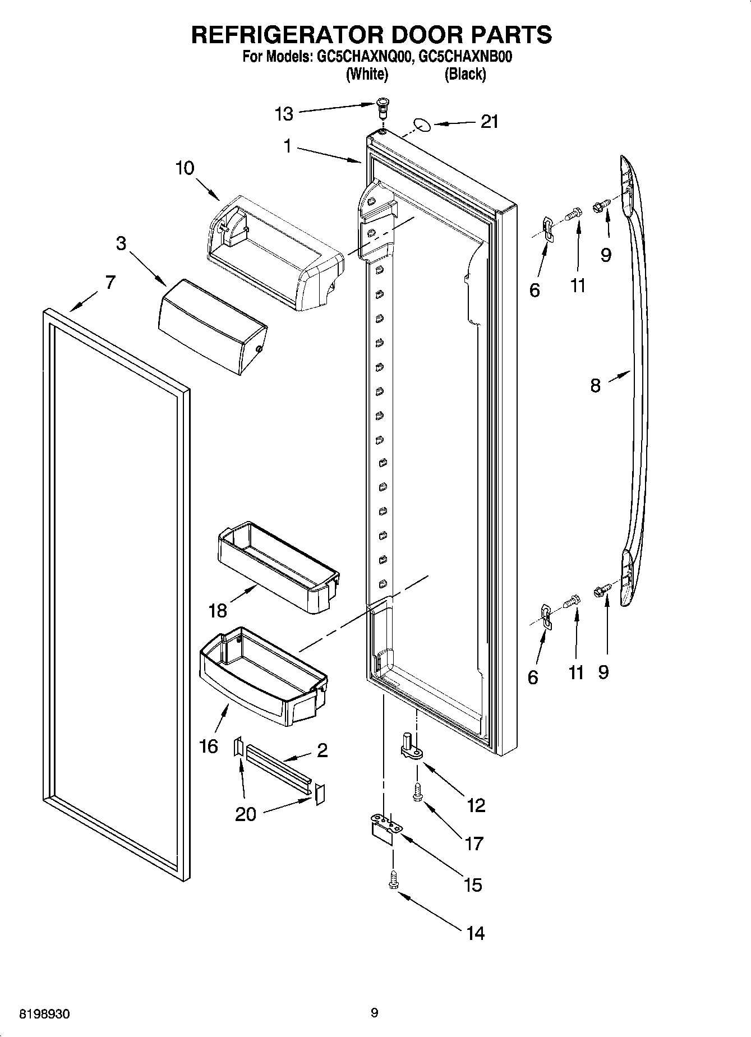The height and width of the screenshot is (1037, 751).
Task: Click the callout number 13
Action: (x=284, y=114)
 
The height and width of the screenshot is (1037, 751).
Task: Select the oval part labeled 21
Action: (x=423, y=124)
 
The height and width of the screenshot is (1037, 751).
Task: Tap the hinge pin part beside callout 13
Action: (x=383, y=107)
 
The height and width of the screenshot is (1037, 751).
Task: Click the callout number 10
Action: (x=185, y=168)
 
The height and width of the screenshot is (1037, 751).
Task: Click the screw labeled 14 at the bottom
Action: (x=392, y=880)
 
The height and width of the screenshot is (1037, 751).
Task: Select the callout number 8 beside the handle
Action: (x=595, y=385)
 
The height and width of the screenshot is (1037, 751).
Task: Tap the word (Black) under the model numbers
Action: (x=465, y=74)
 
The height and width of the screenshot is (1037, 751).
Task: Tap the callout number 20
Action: (x=246, y=814)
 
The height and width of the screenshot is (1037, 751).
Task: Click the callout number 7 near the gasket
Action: (x=110, y=282)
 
